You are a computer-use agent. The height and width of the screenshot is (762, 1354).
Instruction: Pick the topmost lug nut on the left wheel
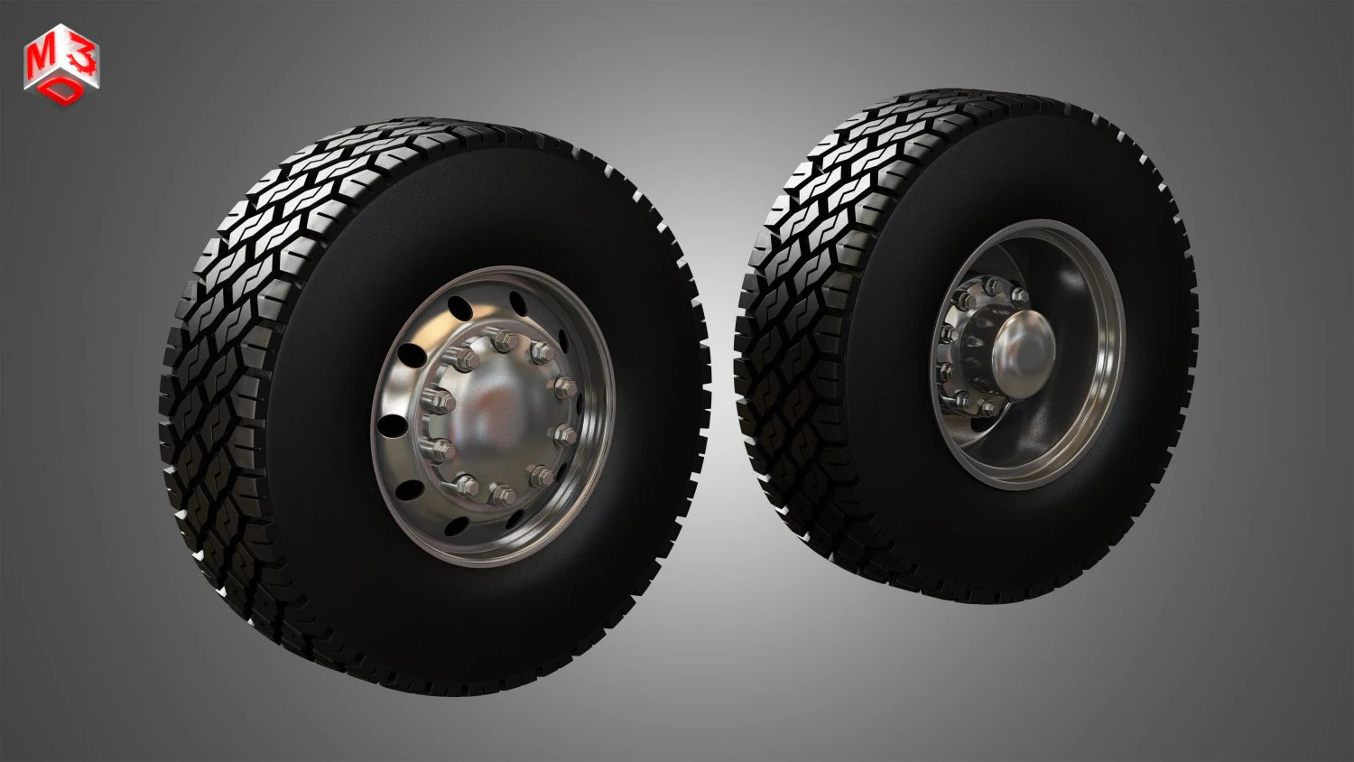[503, 340]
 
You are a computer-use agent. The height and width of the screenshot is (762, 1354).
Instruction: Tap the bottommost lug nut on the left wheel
[501, 495]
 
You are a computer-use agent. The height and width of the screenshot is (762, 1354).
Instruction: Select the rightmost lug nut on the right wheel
[1020, 295]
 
